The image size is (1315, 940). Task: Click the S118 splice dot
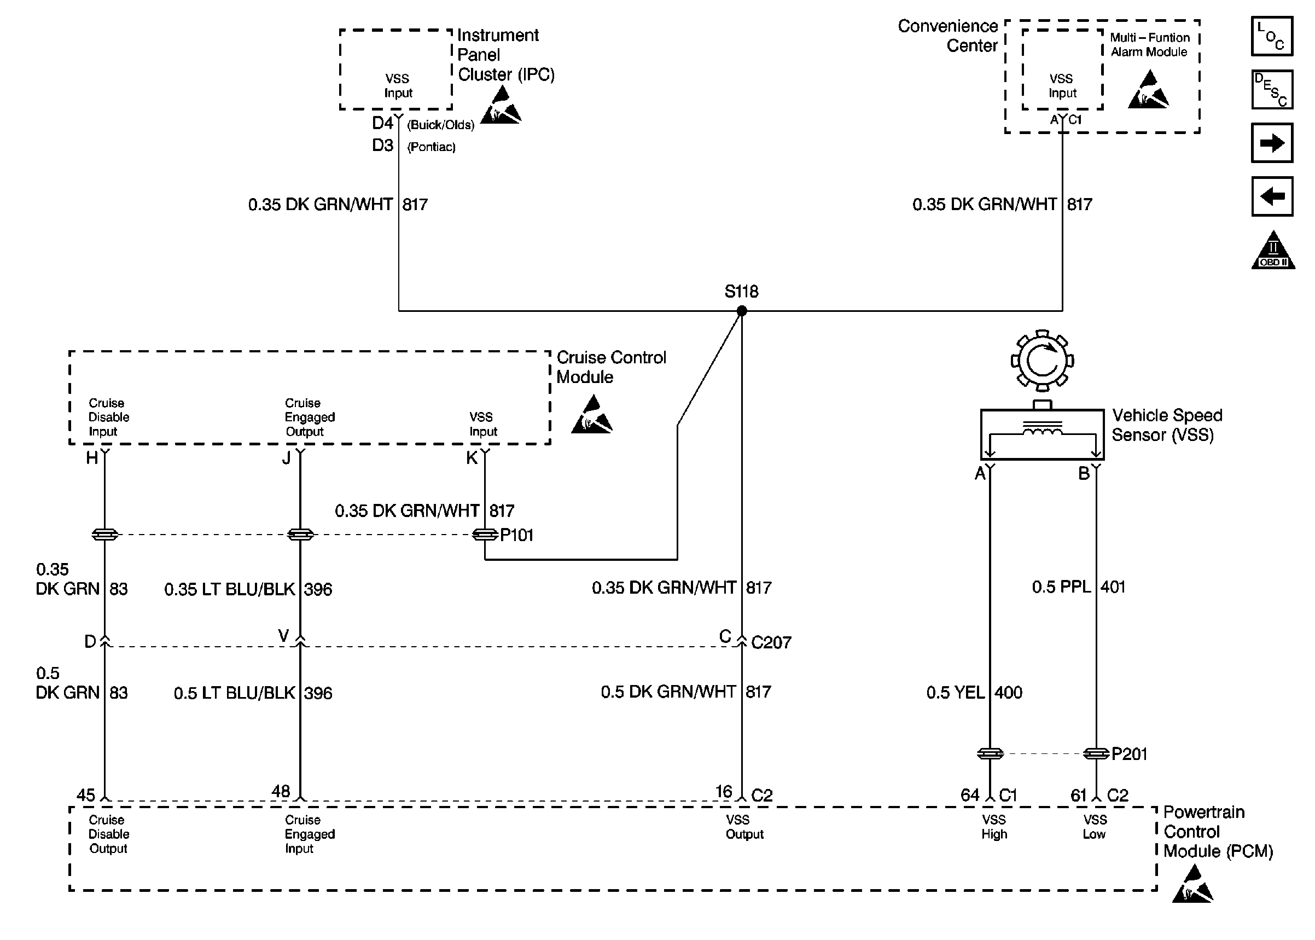click(x=742, y=311)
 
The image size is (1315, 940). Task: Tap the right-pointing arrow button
click(x=1272, y=143)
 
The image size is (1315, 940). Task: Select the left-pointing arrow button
click(x=1272, y=197)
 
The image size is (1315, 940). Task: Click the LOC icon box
click(x=1272, y=37)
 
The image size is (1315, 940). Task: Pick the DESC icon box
click(x=1272, y=90)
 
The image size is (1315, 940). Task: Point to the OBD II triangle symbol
click(x=1273, y=252)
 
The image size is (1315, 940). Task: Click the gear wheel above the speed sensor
click(x=1042, y=361)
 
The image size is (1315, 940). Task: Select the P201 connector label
click(x=1128, y=754)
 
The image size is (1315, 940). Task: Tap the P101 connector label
click(x=516, y=536)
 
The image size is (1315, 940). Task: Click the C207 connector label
click(x=771, y=642)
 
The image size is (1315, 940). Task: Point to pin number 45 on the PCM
click(x=86, y=794)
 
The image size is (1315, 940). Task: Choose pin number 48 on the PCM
click(x=281, y=791)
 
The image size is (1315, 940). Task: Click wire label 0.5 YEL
click(x=955, y=692)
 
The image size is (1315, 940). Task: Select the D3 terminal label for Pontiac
click(x=383, y=146)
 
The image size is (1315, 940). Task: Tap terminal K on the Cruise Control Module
click(x=472, y=458)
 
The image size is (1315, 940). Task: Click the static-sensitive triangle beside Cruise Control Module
click(x=591, y=415)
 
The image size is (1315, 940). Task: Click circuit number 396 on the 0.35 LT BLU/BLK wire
click(x=318, y=589)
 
